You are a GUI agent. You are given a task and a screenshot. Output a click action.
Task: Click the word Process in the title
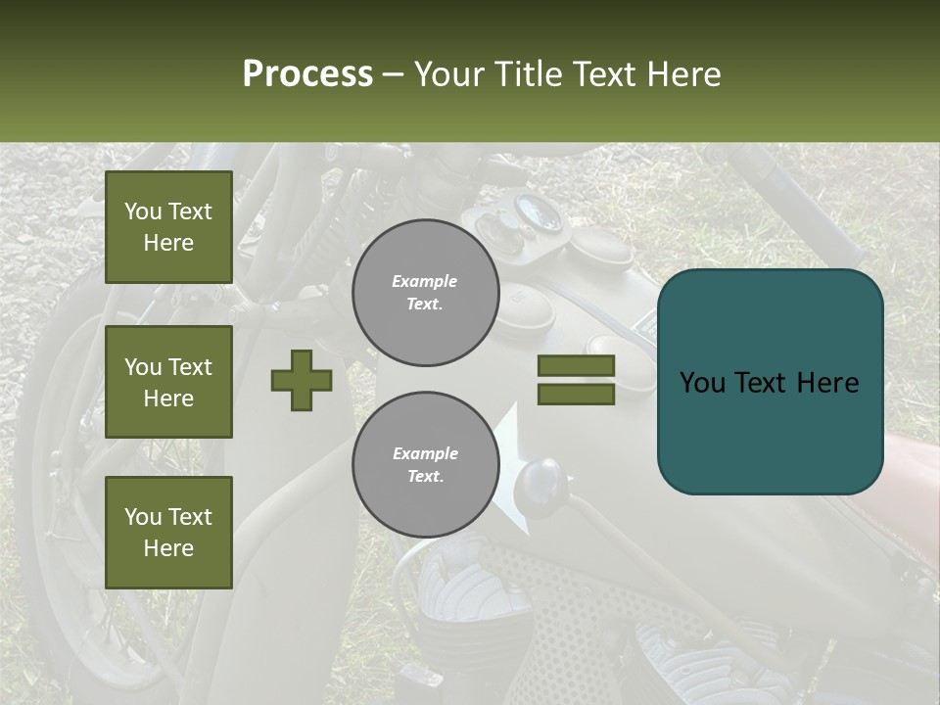307,74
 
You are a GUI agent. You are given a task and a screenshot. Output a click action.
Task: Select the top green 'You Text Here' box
168,227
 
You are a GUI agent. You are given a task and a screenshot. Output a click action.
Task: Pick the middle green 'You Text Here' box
168,382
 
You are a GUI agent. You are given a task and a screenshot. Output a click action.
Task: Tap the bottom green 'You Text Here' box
168,533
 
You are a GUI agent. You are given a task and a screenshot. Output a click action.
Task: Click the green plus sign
302,380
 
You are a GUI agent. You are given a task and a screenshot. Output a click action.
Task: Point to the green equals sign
576,380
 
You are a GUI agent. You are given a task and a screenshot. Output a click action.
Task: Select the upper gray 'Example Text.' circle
425,293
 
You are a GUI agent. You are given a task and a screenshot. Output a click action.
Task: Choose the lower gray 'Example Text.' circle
425,465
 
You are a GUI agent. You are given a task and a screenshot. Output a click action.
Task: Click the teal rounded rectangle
770,382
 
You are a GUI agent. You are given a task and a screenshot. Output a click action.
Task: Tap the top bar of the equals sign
576,366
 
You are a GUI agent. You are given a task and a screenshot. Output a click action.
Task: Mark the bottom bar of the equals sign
576,394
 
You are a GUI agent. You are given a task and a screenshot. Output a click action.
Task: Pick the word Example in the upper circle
425,282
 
